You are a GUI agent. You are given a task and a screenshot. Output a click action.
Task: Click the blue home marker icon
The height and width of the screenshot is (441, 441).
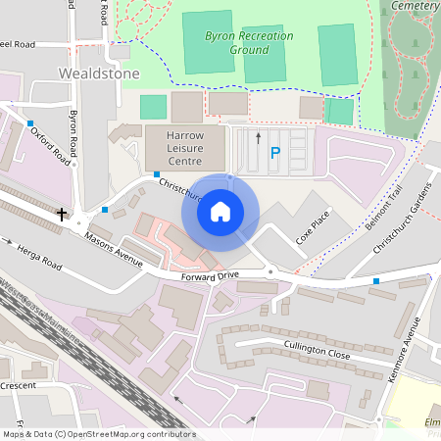pyautogui.click(x=220, y=211)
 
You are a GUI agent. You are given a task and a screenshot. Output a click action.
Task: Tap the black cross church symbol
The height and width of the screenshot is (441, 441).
pyautogui.click(x=62, y=213)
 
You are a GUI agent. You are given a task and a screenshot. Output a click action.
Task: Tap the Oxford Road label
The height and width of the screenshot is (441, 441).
pyautogui.click(x=50, y=143)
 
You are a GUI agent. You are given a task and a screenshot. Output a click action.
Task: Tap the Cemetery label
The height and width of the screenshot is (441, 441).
pyautogui.click(x=416, y=6)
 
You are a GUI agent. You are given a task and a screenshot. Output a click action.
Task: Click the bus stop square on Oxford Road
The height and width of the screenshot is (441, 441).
pyautogui.click(x=30, y=122)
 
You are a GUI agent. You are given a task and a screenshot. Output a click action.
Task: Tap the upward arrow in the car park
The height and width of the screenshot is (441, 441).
pyautogui.click(x=258, y=138)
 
